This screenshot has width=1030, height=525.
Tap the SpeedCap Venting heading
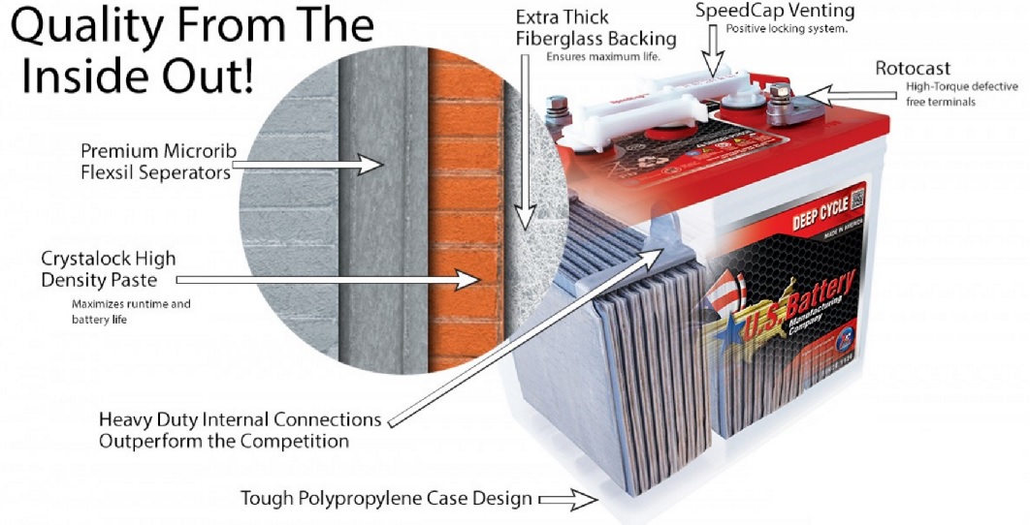coord(775,11)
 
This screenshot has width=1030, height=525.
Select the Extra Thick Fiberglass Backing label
coord(595,28)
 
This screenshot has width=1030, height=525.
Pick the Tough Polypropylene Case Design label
coord(386,499)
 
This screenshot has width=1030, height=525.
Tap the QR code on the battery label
coord(856,201)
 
